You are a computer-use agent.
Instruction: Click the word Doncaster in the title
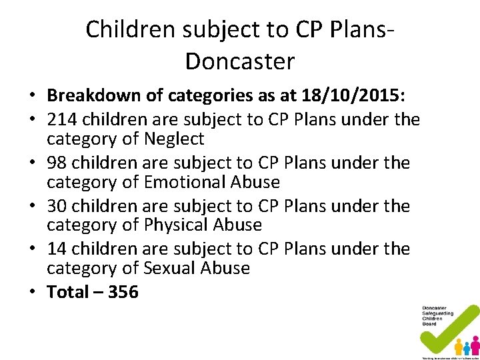pos(239,61)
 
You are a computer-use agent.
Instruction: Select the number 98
pos(57,163)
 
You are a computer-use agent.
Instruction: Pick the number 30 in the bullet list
pos(57,206)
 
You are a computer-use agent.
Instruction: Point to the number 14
pos(57,249)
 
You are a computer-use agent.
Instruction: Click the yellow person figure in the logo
pos(459,346)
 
